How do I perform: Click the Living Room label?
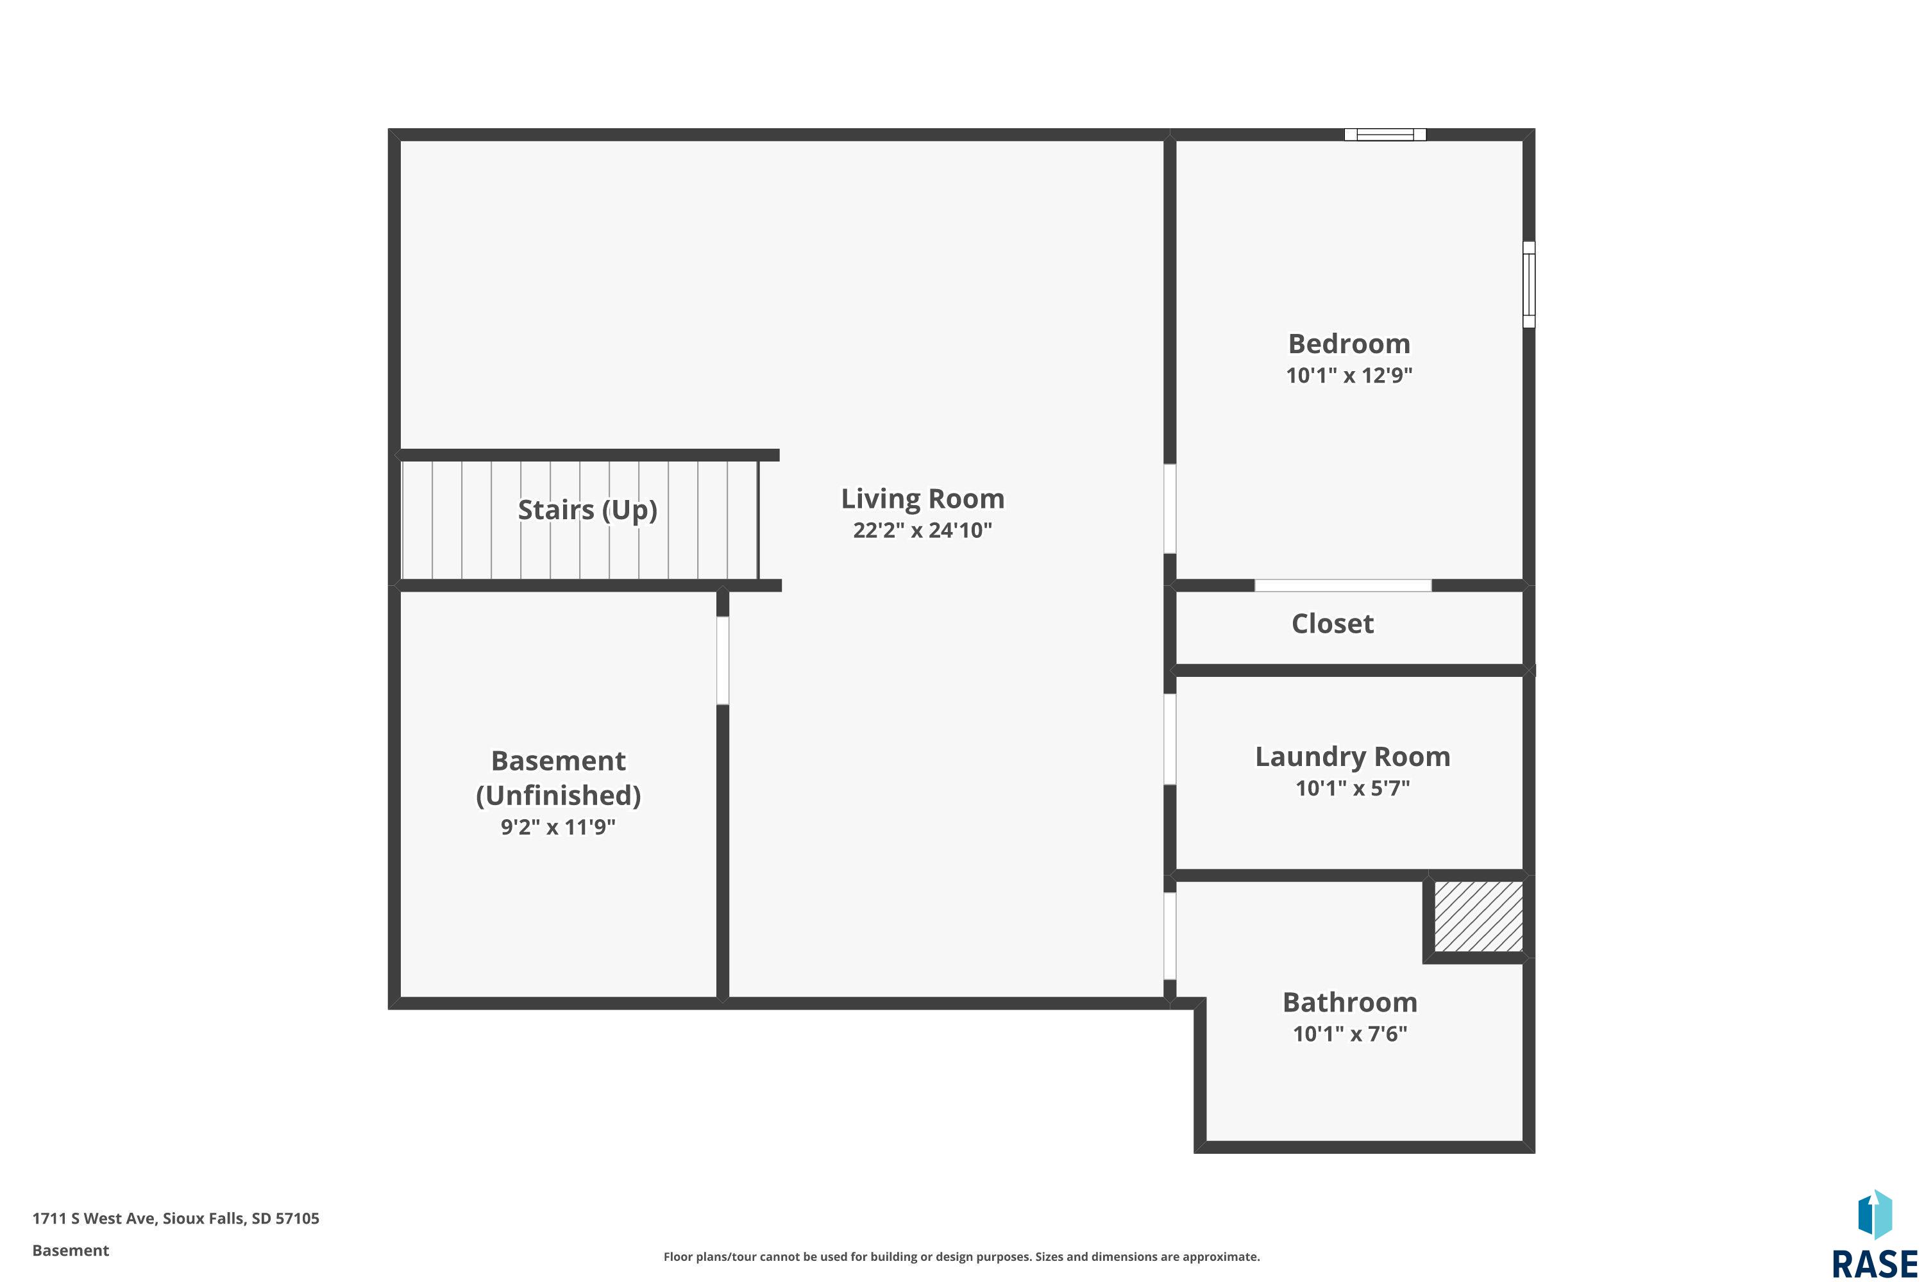click(922, 499)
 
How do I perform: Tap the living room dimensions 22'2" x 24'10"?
click(922, 530)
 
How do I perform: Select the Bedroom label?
click(1349, 344)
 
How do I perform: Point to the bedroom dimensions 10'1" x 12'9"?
click(1349, 375)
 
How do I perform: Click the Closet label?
click(1333, 624)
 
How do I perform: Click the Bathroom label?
click(1350, 1003)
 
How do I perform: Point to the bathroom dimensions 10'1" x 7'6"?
click(1350, 1033)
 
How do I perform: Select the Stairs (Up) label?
click(587, 510)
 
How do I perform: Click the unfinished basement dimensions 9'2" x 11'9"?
click(558, 827)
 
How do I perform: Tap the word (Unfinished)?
click(558, 795)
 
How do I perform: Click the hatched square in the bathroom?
click(1478, 917)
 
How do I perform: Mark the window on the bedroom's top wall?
click(1385, 135)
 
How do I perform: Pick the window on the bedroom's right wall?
click(1529, 285)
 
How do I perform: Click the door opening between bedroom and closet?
click(1343, 585)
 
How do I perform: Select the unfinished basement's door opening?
click(722, 661)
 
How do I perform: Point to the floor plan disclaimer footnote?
click(961, 1256)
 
